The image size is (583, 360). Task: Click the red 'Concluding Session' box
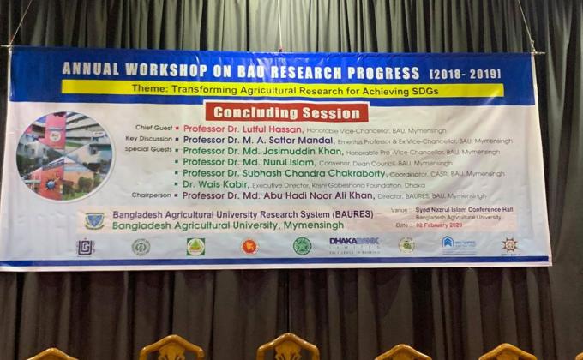tap(286, 112)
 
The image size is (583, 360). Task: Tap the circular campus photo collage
tap(64, 155)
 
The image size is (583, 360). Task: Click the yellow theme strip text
tap(282, 89)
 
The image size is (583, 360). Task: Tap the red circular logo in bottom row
tap(249, 246)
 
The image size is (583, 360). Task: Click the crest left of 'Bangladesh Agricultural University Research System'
tap(94, 219)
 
